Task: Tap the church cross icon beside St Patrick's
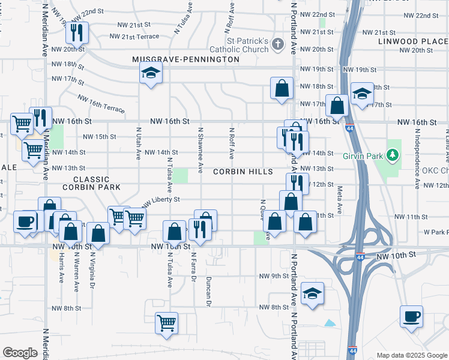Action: (277, 44)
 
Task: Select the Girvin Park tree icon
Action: (393, 155)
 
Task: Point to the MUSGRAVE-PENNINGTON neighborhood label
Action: (186, 60)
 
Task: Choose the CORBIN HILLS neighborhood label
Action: (243, 172)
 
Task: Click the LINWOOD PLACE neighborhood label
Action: (413, 41)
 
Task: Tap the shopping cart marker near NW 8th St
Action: (166, 322)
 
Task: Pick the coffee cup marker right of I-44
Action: (411, 316)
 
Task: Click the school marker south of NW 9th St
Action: (313, 293)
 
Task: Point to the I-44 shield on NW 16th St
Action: (349, 127)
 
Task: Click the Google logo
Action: (20, 353)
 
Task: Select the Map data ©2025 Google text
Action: (412, 355)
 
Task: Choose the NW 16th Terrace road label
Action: (100, 103)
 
